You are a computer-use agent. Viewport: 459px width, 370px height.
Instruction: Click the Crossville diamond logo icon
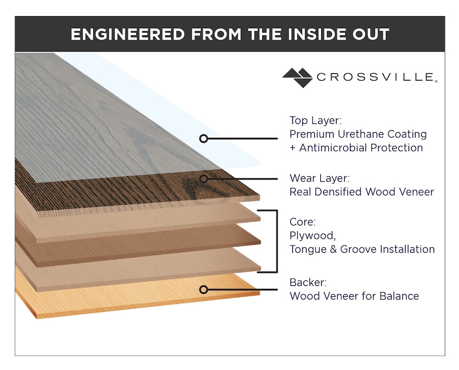coord(297,78)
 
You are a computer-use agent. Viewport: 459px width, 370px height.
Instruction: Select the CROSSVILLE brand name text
coord(375,78)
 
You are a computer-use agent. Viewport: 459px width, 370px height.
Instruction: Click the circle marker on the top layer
coord(203,138)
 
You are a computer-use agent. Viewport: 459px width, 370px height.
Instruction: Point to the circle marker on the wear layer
coord(203,179)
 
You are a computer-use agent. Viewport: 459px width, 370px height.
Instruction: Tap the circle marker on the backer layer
coord(203,289)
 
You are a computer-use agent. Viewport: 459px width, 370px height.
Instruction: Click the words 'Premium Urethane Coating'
coord(358,134)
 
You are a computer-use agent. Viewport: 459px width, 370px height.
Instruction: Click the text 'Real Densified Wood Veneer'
coord(361,192)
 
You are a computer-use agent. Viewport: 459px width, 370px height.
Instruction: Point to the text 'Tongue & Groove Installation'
coord(362,250)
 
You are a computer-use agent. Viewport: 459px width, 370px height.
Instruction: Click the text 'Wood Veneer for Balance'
coord(354,296)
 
